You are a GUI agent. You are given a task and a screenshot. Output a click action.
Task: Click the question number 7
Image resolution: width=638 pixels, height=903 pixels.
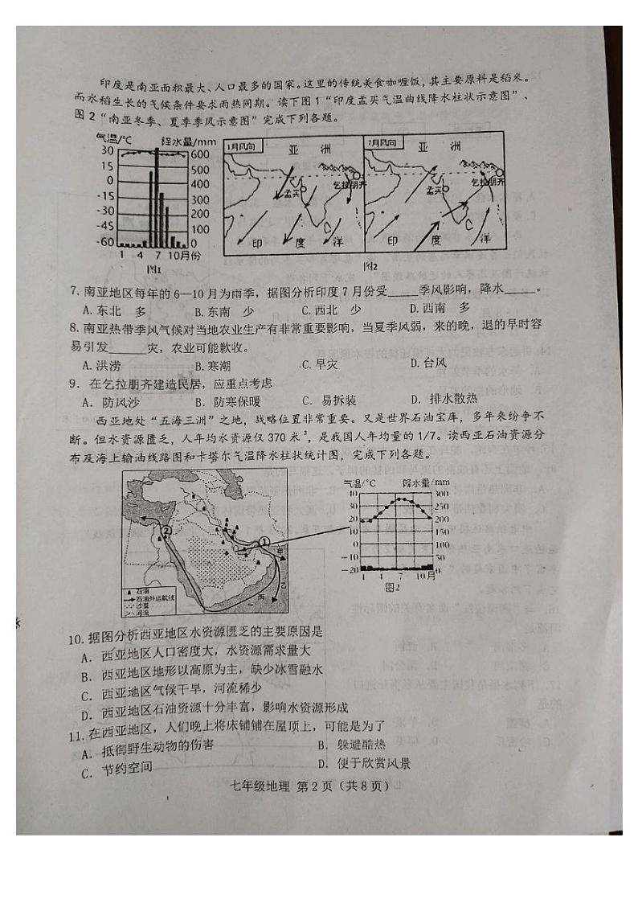click(74, 289)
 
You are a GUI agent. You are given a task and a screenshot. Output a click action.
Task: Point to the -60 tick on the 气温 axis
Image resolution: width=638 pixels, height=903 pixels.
click(104, 241)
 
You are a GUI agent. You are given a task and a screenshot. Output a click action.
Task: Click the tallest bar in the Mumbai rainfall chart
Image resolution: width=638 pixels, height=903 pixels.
click(157, 197)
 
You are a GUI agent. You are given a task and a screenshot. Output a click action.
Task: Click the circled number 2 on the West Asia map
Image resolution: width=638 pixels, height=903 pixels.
click(166, 531)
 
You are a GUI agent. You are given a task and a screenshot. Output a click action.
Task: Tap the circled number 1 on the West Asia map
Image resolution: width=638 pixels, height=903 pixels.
click(263, 544)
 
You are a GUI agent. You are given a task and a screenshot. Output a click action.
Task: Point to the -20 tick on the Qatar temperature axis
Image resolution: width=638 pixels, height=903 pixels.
click(351, 569)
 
